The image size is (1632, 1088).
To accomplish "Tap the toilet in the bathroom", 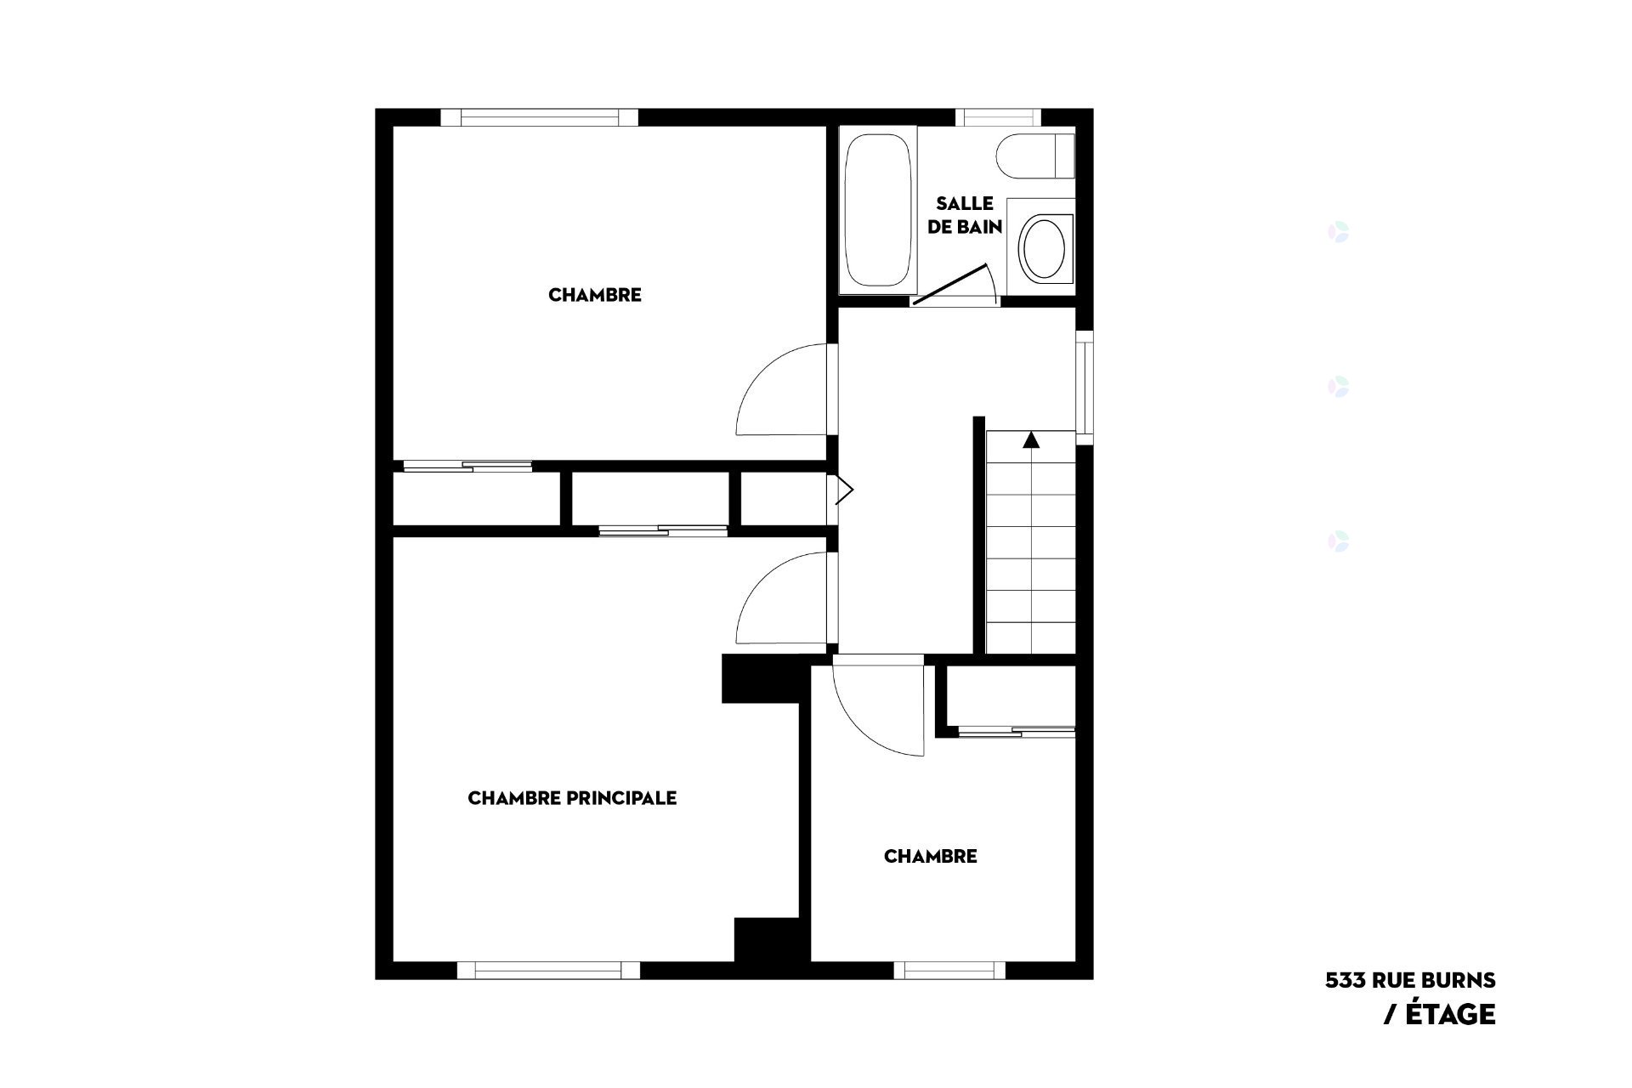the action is click(1034, 156).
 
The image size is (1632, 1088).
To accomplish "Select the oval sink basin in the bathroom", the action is click(1040, 247).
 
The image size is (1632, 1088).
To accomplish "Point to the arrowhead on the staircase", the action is click(1031, 439).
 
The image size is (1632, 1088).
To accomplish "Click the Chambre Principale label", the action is click(572, 798).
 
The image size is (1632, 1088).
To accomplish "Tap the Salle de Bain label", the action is click(965, 215).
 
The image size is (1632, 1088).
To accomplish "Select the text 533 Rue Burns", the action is click(1410, 980).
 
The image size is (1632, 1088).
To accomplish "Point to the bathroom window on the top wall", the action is click(999, 117).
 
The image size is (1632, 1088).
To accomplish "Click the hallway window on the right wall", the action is click(1085, 386).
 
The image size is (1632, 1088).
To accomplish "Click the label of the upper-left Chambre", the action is click(595, 295).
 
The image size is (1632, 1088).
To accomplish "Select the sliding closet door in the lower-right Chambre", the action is click(1017, 730).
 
